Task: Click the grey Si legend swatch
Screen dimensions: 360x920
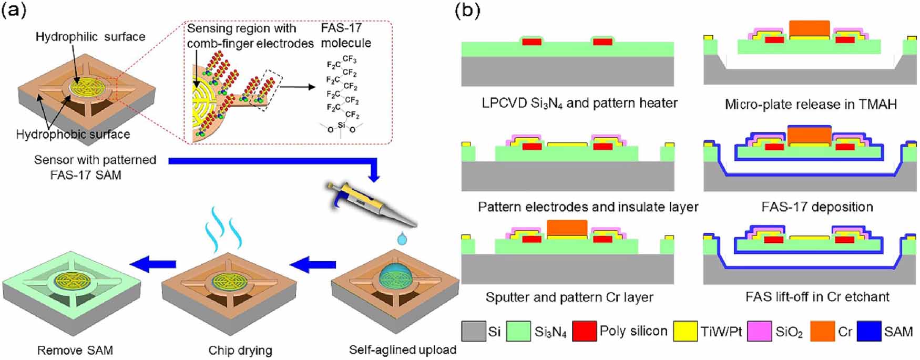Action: (473, 332)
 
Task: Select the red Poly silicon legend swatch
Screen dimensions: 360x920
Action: (584, 332)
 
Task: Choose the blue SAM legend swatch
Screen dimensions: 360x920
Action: (868, 332)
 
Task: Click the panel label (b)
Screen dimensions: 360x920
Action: (467, 11)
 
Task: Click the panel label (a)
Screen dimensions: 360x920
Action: (14, 11)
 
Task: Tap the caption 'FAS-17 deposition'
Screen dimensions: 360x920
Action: (817, 207)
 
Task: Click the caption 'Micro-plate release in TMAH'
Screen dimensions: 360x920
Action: (811, 104)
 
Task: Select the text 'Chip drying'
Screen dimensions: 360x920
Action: (240, 350)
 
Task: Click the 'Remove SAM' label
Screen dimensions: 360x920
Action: (75, 350)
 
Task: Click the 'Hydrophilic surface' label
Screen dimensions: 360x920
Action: (90, 37)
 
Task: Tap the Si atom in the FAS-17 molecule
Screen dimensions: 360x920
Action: (342, 125)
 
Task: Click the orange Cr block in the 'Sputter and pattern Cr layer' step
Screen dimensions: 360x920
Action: (567, 228)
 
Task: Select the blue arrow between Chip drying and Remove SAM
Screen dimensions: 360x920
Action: (153, 264)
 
